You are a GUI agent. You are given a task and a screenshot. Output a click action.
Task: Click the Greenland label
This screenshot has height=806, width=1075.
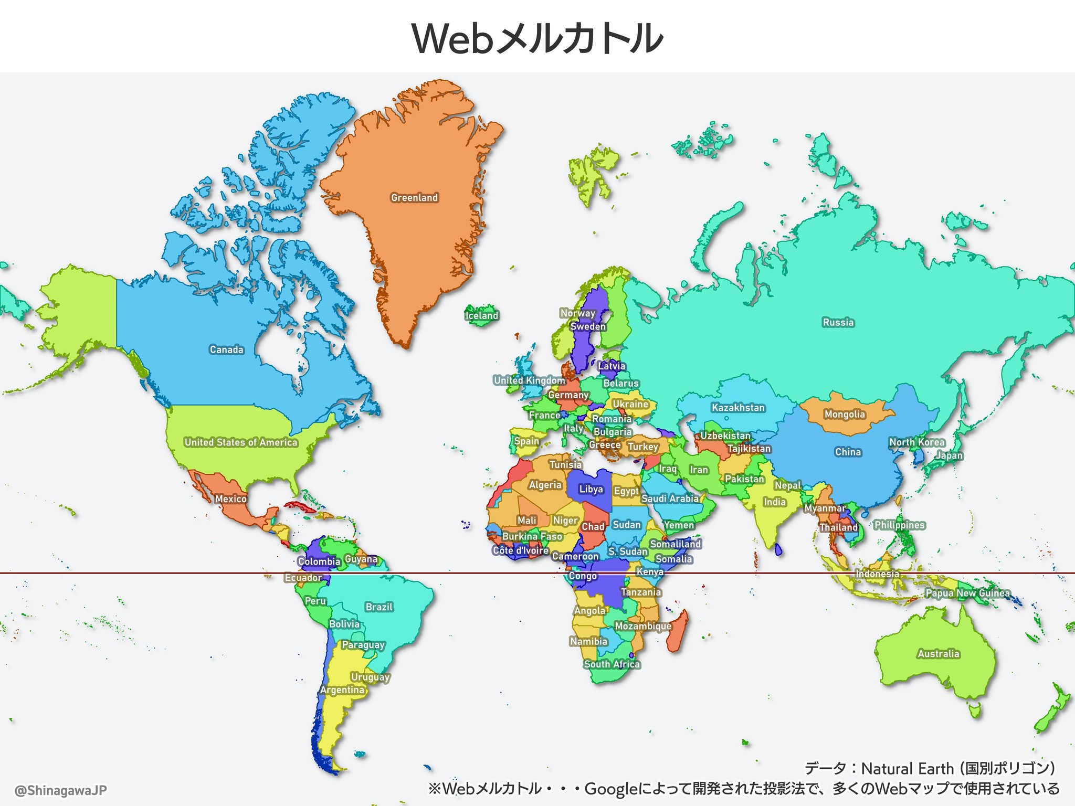(414, 198)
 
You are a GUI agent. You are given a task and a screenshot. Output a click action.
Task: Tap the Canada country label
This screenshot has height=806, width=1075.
(227, 349)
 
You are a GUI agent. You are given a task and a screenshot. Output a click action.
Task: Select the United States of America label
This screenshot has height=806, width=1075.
(241, 442)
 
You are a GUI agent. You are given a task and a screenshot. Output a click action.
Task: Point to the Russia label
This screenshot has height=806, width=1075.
(838, 322)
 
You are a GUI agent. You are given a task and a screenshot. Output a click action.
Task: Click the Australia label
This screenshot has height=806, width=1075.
(939, 653)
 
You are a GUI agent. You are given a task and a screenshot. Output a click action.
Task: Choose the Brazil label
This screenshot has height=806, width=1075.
(379, 607)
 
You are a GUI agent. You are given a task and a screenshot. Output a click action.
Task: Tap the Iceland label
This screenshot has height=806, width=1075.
(481, 315)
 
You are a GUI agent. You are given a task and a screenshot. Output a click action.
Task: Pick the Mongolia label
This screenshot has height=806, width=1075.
(844, 414)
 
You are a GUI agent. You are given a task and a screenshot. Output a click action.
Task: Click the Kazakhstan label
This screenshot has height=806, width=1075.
(738, 408)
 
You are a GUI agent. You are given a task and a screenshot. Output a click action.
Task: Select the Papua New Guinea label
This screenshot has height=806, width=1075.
(967, 593)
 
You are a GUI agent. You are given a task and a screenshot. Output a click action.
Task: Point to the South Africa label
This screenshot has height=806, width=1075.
(612, 664)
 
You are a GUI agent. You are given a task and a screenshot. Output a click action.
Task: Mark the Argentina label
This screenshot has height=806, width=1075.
(342, 690)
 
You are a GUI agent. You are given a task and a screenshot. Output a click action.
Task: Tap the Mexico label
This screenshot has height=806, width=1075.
(230, 499)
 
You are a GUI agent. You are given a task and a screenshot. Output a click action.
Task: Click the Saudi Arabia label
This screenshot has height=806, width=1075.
(670, 499)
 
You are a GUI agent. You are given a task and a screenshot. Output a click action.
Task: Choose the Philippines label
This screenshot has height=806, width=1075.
(899, 525)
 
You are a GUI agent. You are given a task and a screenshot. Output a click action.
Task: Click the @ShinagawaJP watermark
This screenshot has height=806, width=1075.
(61, 790)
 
